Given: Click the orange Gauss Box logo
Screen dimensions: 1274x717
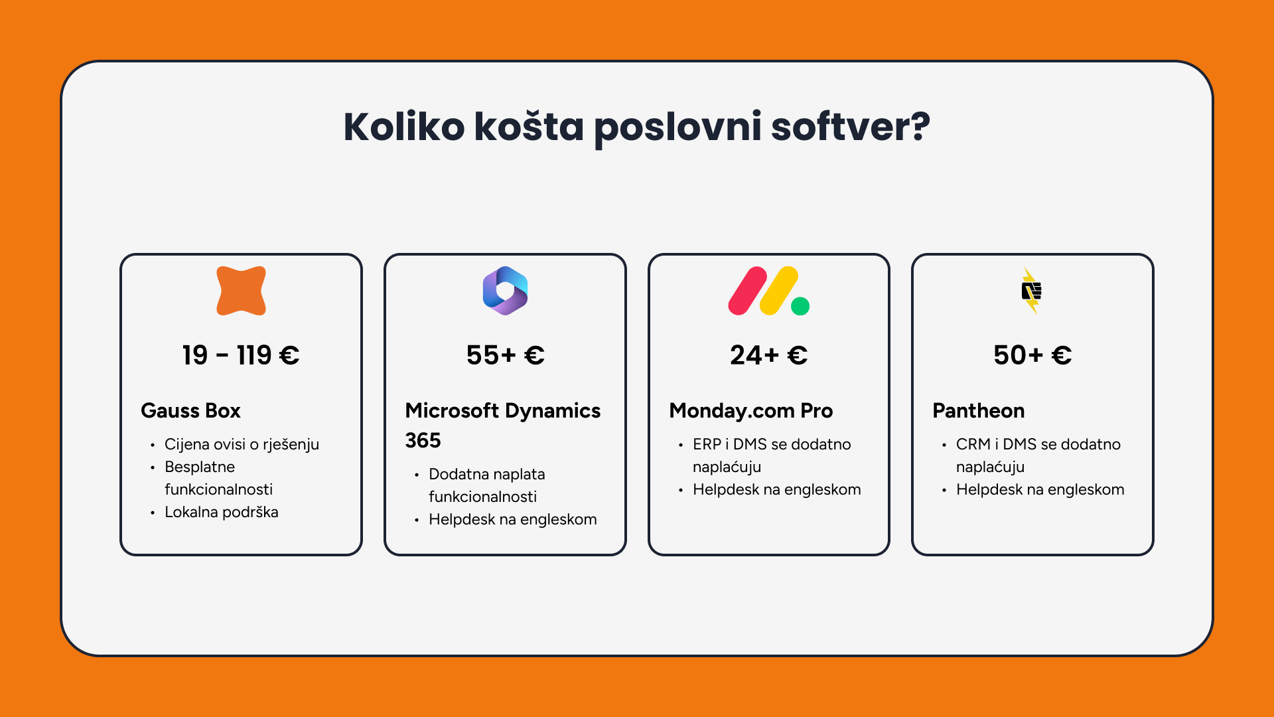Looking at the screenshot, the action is coord(241,291).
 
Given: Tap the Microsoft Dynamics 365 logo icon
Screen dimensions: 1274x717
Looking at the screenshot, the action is coord(505,291).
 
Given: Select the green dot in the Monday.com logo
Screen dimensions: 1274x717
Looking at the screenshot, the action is coord(800,306).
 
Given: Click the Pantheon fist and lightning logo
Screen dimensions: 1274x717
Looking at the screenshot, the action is coord(1032,291).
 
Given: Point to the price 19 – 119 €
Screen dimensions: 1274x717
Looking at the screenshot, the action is coord(241,355).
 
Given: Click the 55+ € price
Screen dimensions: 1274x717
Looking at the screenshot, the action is coord(505,355).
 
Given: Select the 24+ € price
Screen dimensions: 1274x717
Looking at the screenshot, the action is coord(769,355).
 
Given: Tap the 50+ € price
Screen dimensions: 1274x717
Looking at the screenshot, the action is coord(1032,355).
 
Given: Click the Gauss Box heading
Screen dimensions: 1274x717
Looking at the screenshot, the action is coord(190,411).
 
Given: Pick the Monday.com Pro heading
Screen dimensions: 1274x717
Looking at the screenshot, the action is coord(750,411).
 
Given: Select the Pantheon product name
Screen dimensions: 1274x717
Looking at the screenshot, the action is coord(979,411).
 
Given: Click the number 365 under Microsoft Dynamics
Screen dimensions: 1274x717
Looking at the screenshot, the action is coord(423,441).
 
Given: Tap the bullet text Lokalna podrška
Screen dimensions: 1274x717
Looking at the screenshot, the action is coord(222,512).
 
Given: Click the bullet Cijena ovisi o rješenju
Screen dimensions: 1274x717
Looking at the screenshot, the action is coord(242,444).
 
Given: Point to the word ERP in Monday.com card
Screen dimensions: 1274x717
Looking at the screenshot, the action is coord(707,444).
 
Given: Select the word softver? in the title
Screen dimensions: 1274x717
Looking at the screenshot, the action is coord(851,126).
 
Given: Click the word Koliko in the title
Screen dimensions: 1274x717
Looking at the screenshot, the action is coord(404,126).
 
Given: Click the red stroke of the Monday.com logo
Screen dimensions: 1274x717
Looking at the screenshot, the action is coord(748,291).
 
